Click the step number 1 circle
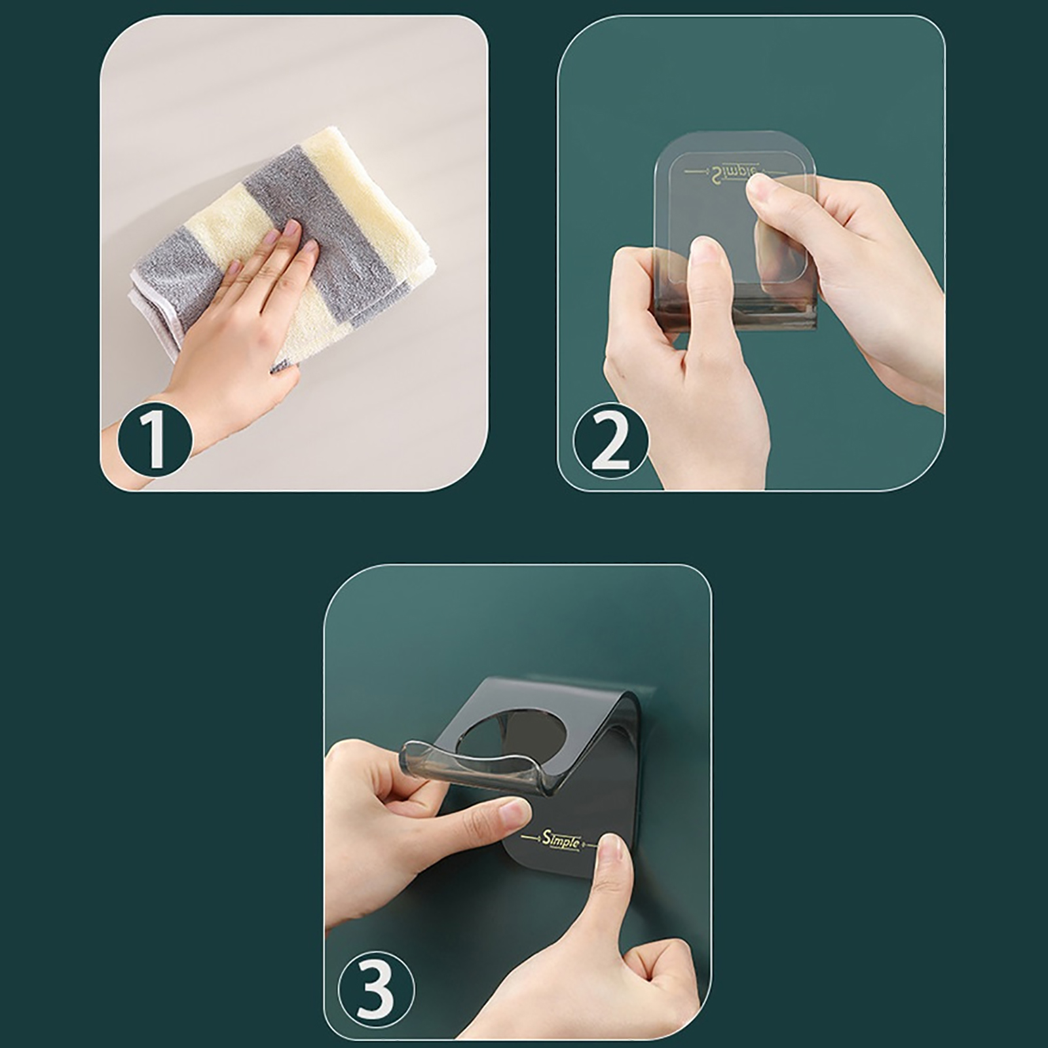click(155, 437)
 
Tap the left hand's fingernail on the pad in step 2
click(704, 252)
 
